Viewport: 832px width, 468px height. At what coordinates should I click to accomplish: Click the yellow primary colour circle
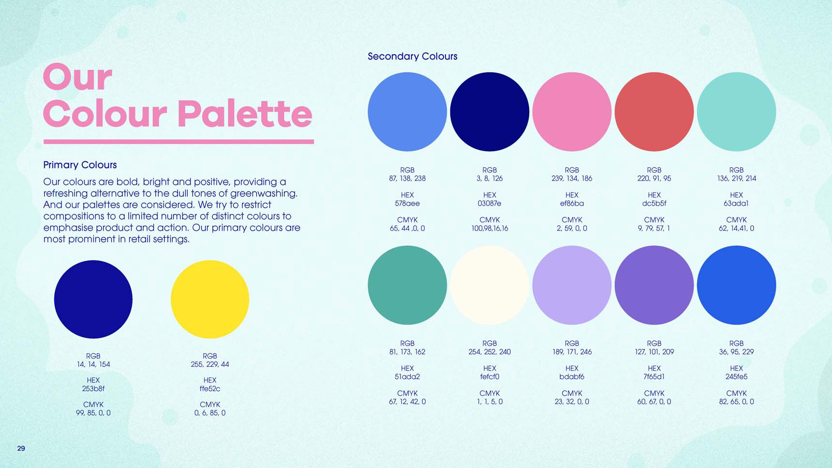[210, 299]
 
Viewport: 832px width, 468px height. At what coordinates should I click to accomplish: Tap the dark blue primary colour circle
[93, 299]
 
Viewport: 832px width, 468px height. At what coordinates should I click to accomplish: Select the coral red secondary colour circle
[654, 112]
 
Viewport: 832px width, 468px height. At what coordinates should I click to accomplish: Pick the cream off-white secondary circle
[490, 285]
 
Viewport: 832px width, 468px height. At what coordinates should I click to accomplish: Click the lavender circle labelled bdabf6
[572, 285]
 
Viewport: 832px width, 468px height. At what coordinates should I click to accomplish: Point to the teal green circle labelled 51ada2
[407, 285]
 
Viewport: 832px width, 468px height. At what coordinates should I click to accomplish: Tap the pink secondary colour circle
[572, 112]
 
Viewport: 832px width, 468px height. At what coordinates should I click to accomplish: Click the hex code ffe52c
[210, 389]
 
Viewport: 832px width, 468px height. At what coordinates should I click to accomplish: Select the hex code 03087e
[490, 203]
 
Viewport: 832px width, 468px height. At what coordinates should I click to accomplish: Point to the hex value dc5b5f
[654, 203]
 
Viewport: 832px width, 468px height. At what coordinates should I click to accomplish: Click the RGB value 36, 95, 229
[736, 352]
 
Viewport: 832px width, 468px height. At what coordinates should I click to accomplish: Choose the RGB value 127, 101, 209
[654, 352]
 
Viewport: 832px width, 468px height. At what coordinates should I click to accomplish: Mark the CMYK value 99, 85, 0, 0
[93, 413]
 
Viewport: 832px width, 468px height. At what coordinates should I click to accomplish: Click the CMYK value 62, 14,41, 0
[736, 228]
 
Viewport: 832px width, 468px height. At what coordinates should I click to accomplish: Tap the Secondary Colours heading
[413, 56]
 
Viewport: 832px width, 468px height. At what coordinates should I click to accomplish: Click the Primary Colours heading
[80, 165]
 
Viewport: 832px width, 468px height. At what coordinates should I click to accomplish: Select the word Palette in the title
[245, 114]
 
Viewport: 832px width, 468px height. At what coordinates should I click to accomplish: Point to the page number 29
[21, 449]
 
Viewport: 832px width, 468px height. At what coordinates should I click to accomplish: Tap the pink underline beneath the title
[178, 142]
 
